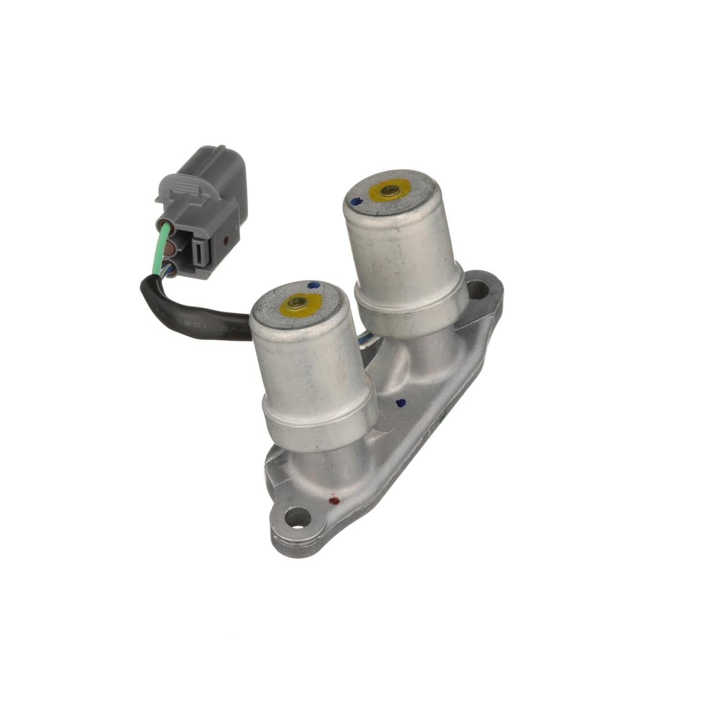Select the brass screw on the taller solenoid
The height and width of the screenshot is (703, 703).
tap(389, 190)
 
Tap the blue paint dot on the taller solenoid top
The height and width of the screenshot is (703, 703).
tap(355, 202)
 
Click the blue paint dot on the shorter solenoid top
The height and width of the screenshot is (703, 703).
tap(311, 284)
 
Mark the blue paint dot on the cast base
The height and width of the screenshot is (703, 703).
tap(400, 402)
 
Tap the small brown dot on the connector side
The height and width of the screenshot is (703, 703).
tap(227, 242)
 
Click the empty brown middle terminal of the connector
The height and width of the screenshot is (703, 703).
tap(170, 248)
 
